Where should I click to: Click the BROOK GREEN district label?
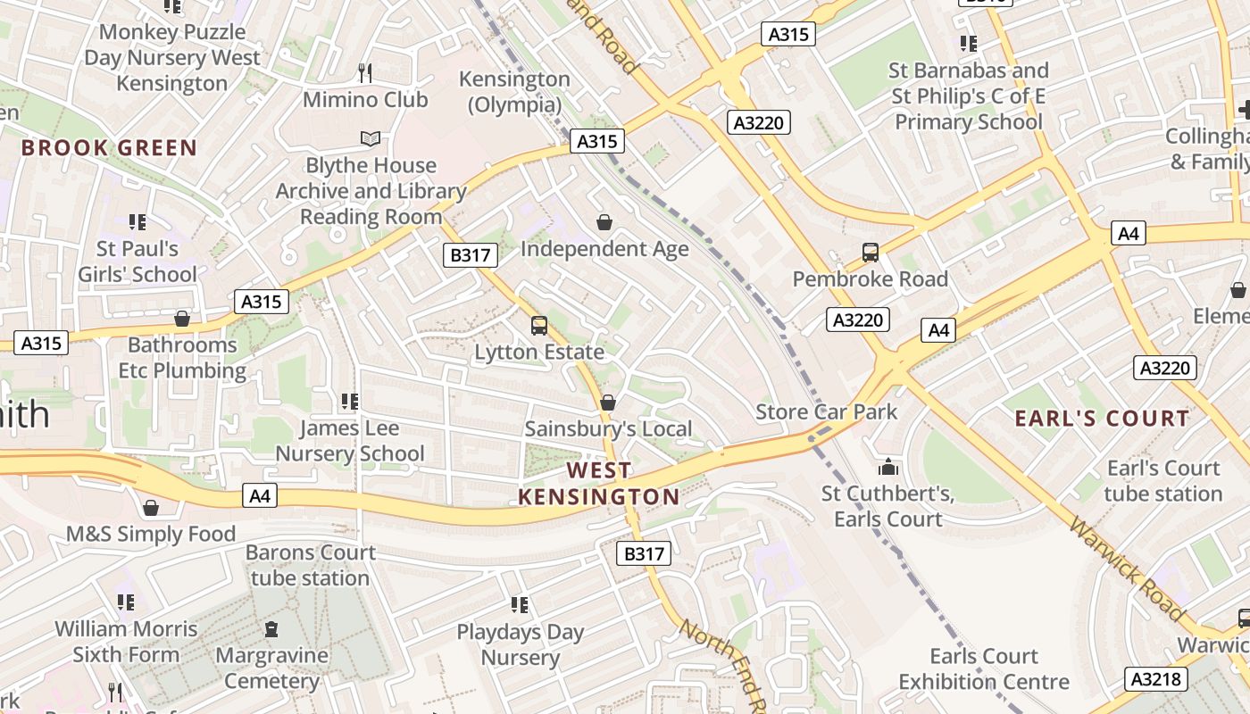pos(109,148)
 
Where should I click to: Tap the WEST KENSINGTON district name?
pos(599,483)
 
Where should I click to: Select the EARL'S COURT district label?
pos(1102,419)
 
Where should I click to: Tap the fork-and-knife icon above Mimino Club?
pos(364,72)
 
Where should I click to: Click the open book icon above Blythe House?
pos(370,138)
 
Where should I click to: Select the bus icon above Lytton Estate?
pos(538,326)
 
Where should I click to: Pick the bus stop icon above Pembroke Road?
pos(871,253)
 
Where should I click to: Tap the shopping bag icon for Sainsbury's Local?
pos(608,403)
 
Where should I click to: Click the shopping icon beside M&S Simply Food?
pos(151,508)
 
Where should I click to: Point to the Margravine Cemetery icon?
pos(271,629)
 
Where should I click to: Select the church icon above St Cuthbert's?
pos(887,467)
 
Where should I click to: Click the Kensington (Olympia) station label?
pos(514,92)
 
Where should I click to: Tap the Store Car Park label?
pos(827,411)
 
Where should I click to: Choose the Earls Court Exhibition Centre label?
pos(983,669)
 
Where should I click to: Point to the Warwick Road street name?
pos(1128,569)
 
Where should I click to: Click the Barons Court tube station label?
pos(310,565)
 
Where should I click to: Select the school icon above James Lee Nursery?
pos(349,402)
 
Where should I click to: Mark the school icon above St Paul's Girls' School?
pos(137,221)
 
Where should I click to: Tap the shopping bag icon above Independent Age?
pos(604,222)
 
